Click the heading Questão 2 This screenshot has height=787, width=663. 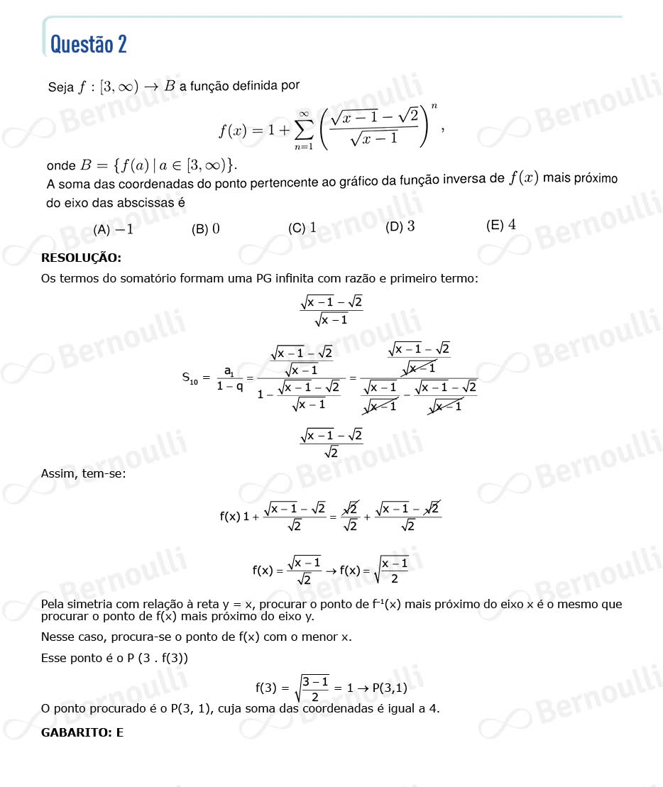click(x=88, y=45)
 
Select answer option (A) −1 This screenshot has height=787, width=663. click(x=114, y=229)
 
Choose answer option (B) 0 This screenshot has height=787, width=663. click(x=206, y=229)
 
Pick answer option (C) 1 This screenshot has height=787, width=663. click(x=302, y=228)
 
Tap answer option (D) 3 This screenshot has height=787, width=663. click(x=400, y=227)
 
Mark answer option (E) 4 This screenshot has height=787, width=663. click(x=501, y=226)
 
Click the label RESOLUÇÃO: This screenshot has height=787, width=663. click(x=81, y=258)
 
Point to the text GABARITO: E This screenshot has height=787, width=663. click(x=82, y=732)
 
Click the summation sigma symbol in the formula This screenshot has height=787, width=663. click(x=303, y=130)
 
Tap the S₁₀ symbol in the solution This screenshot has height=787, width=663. click(x=190, y=378)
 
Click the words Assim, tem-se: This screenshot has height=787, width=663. click(x=83, y=473)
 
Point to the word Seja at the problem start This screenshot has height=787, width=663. click(x=60, y=87)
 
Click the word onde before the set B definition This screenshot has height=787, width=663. click(x=60, y=166)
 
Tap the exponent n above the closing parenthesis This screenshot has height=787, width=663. click(x=434, y=106)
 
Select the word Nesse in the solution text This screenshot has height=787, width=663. click(x=57, y=637)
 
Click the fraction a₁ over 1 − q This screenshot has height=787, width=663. click(x=230, y=378)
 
